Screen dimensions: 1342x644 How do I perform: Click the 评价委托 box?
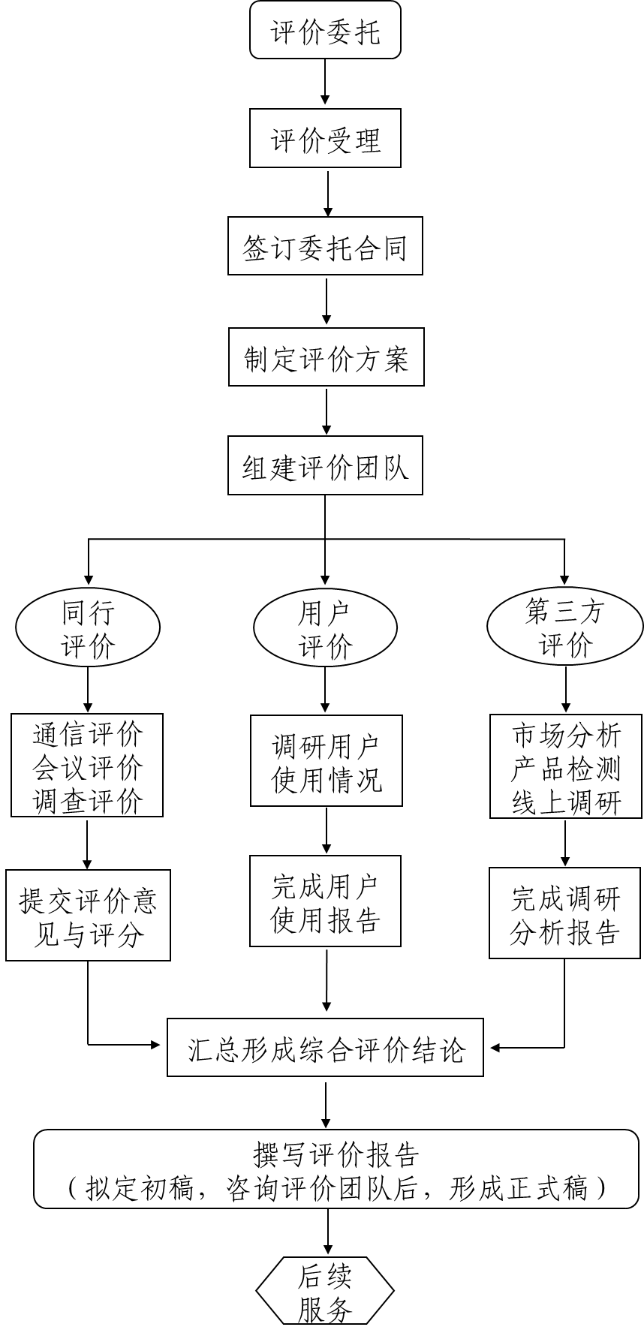coord(325,30)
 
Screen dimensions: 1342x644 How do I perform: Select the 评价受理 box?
coord(325,138)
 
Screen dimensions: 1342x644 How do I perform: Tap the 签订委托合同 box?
coord(325,246)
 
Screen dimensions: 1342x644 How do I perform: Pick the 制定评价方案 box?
coord(326,357)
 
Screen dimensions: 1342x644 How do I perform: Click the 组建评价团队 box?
coord(325,465)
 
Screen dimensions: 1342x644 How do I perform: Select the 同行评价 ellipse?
coord(88,627)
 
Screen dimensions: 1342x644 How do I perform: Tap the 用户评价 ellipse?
coord(325,627)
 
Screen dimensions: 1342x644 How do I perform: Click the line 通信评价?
coord(87,733)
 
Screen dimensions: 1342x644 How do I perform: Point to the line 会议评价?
coord(87,766)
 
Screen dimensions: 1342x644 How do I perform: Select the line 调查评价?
coord(87,800)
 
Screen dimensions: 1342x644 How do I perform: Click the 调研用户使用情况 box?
coord(326,760)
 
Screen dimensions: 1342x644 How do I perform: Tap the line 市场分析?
coord(566,735)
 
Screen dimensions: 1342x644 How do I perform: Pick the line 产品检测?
coord(566,768)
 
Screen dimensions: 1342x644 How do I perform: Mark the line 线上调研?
coord(566,802)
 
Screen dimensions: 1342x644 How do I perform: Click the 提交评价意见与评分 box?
coord(88,915)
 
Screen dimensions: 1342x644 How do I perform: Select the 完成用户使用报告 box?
coord(325,901)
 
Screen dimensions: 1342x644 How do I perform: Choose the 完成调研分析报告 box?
coord(565,913)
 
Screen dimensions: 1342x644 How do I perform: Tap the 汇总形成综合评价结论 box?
coord(325,1047)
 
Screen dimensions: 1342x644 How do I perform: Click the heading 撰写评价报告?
coord(336,1154)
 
